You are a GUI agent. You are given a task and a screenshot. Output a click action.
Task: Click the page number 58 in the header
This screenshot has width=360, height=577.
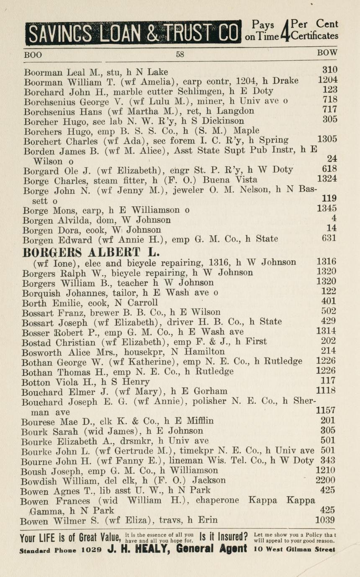(x=180, y=54)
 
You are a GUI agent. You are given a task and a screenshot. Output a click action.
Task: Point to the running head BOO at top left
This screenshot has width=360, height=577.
(x=33, y=54)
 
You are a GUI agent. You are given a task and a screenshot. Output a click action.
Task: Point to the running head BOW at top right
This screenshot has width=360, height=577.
(x=327, y=53)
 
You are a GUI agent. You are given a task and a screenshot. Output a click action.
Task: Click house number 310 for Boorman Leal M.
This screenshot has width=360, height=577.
(x=330, y=70)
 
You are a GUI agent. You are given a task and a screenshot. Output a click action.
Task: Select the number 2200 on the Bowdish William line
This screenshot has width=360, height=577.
(x=325, y=480)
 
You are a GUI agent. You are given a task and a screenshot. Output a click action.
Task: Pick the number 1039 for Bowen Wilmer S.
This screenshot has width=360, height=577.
(x=325, y=520)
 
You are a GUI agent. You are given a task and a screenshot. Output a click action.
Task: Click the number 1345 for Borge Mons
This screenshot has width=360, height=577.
(x=327, y=208)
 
